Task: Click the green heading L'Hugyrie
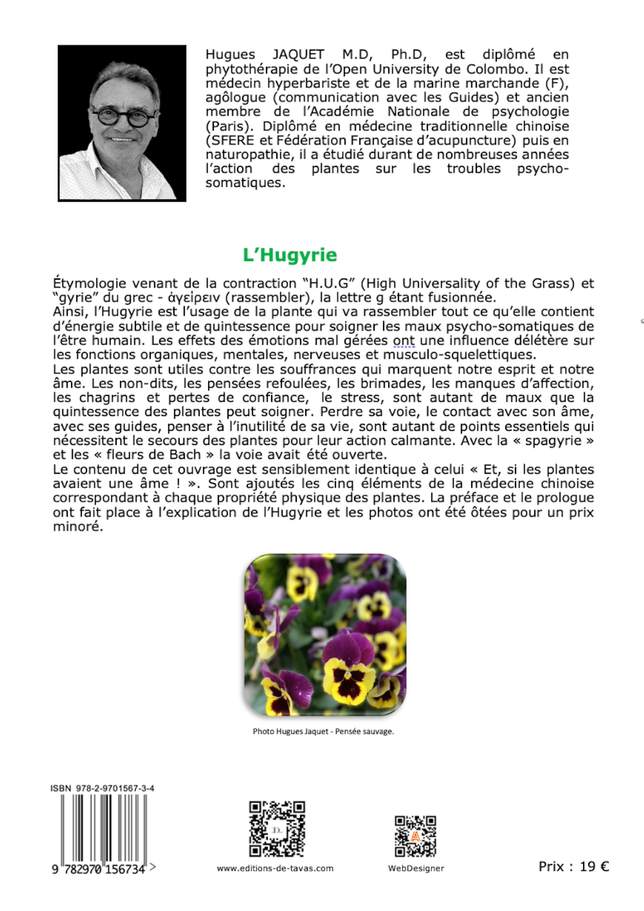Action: coord(290,255)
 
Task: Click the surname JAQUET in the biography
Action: coord(298,54)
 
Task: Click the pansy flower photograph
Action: coord(325,634)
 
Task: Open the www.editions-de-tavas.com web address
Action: coord(275,868)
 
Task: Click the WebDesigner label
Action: coord(416,868)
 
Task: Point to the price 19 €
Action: coord(594,867)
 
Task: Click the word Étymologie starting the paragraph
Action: coord(89,283)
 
